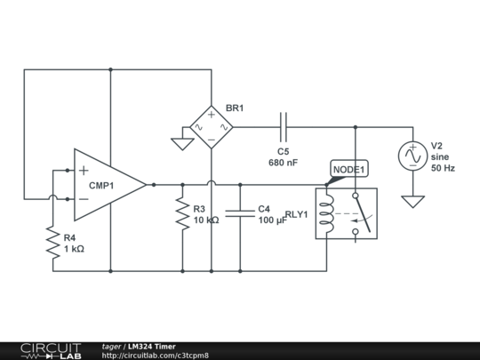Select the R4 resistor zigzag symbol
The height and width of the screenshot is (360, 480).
point(53,243)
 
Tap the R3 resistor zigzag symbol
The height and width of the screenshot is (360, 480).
point(182,213)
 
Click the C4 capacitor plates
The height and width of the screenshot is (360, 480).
point(240,213)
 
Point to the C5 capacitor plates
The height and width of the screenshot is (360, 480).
point(284,127)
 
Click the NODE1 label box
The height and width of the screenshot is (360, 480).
point(349,169)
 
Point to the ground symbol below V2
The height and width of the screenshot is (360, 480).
point(412,202)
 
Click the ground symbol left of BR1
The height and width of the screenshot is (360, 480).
point(182,144)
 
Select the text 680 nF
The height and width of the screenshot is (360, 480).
point(284,163)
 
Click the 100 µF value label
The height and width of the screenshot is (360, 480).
point(273,220)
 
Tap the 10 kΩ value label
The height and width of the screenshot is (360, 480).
point(206,220)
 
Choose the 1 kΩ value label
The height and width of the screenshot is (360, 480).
point(74,249)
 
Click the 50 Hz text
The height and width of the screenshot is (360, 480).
point(443,168)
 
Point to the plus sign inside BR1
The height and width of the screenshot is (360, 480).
point(212,115)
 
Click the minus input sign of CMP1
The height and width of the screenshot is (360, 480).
point(84,199)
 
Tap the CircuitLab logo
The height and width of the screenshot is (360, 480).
point(51,351)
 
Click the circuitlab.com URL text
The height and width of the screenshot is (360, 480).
point(156,356)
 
